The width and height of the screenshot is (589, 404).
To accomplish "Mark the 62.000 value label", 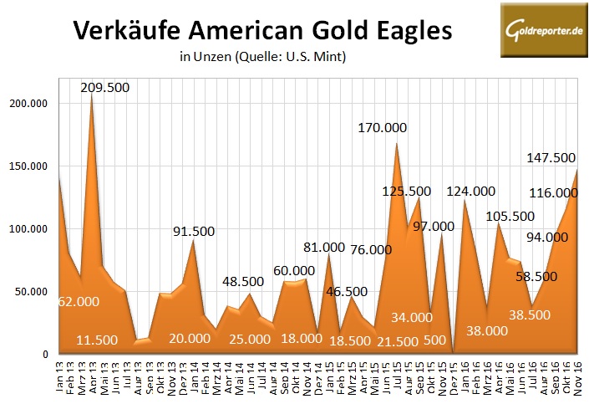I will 79,302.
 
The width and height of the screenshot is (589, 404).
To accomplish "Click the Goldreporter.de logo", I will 542,30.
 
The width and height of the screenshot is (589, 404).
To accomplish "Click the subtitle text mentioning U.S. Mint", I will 262,58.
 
